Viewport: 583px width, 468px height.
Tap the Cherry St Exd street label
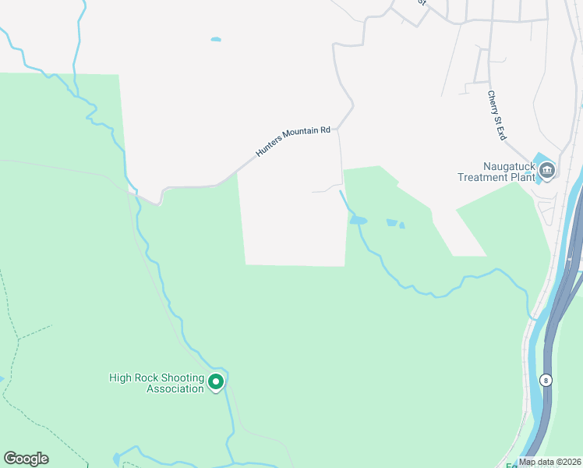click(496, 115)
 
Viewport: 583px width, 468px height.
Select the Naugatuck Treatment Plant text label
click(497, 171)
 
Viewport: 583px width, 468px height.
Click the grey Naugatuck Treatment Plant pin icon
click(547, 170)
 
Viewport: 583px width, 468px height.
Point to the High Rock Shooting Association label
click(157, 383)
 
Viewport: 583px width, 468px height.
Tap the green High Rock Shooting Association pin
click(217, 381)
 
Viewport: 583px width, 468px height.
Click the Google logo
click(26, 459)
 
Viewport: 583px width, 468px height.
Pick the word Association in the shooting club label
click(175, 388)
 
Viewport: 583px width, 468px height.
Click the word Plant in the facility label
click(521, 177)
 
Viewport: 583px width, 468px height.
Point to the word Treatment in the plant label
click(482, 177)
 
